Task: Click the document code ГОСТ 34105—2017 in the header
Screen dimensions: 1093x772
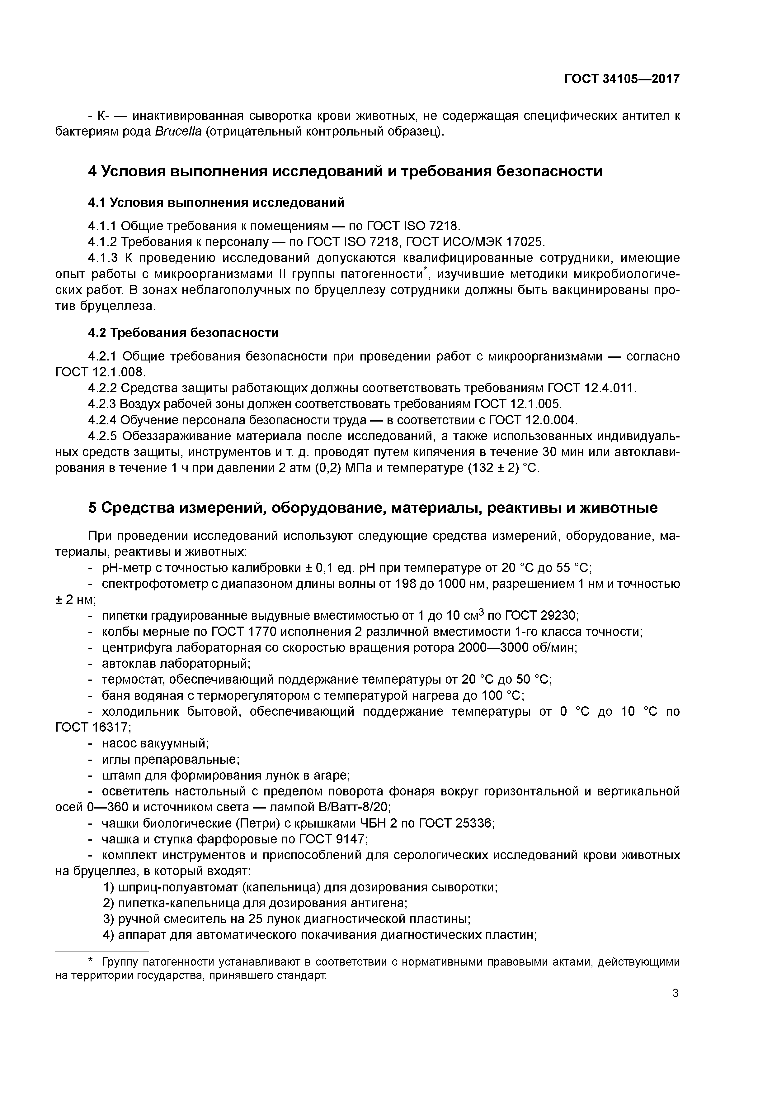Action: point(622,79)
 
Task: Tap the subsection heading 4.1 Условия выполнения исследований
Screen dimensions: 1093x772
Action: point(216,203)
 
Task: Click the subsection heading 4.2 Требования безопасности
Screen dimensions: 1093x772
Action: point(183,333)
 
